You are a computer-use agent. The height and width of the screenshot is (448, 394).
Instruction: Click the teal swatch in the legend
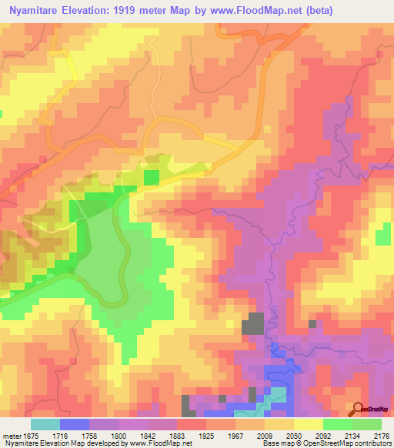[45, 424]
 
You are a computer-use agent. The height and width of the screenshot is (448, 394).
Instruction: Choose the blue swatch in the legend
[75, 424]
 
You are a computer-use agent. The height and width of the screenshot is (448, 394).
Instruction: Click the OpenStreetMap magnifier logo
[357, 409]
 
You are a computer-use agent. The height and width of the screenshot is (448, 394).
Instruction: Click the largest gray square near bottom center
[254, 323]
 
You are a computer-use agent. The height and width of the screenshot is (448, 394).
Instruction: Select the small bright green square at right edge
[382, 238]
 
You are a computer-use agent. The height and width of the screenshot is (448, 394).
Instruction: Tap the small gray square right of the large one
[312, 324]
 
